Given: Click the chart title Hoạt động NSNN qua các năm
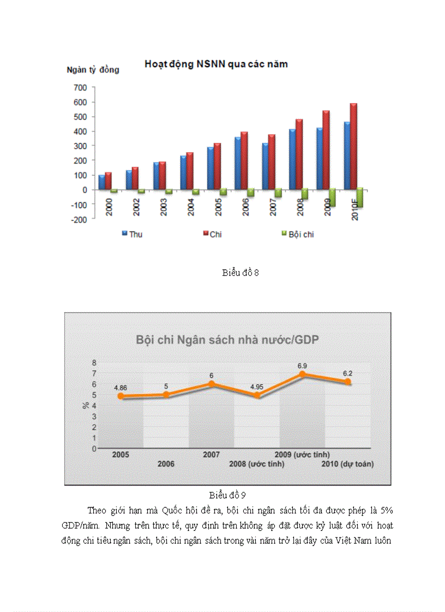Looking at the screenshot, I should click(x=216, y=64).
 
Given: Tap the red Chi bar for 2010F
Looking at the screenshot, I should click(x=353, y=146).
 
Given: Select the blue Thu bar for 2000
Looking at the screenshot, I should click(x=101, y=182).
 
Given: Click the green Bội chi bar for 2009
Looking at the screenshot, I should click(x=332, y=197).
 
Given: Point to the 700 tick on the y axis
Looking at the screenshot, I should click(x=80, y=87).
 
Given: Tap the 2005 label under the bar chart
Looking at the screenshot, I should click(x=217, y=206).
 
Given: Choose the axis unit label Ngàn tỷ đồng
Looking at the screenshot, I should click(x=93, y=70).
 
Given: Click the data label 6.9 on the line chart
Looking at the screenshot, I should click(x=303, y=365).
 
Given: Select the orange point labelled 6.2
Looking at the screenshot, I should click(x=348, y=382).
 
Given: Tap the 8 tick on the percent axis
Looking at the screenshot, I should click(x=94, y=363).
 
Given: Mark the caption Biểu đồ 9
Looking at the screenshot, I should click(x=228, y=495).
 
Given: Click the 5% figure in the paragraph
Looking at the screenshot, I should click(x=385, y=511).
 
